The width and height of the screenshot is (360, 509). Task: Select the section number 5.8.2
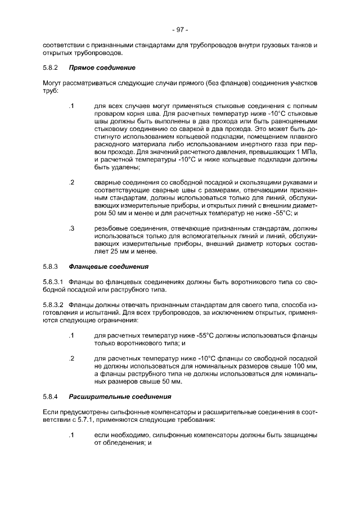click(51, 68)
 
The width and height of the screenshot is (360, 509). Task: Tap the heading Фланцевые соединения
click(109, 265)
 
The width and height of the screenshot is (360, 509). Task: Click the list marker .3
click(71, 228)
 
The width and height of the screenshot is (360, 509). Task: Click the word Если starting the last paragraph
click(49, 412)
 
